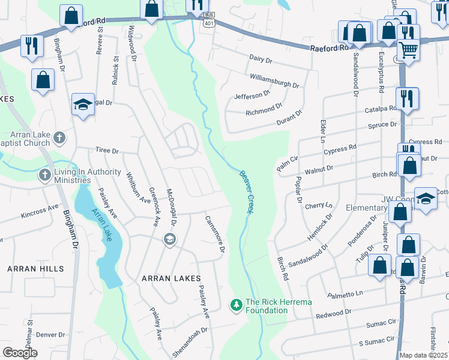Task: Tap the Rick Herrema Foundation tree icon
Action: coord(237,305)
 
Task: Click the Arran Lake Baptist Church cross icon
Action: coord(59,139)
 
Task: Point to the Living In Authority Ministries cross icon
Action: coord(44,176)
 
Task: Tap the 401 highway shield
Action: coord(208,23)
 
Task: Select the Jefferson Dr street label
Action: coord(249,95)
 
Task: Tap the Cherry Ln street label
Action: coord(318,205)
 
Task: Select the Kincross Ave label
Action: coord(40,211)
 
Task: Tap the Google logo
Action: coord(20,352)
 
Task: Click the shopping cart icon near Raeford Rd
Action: coord(409,50)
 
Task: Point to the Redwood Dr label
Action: coord(334,313)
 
